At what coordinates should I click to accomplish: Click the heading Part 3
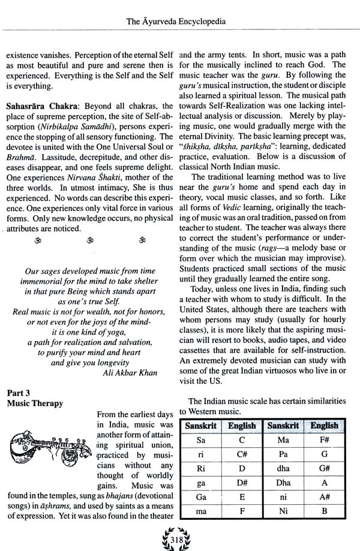tap(20, 393)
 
